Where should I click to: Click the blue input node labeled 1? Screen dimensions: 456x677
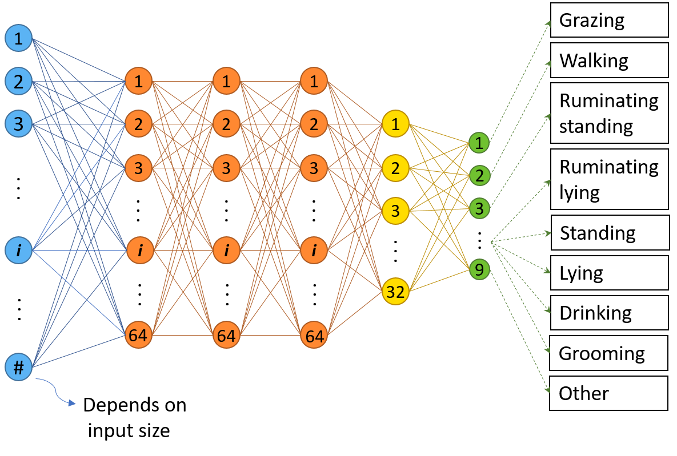(19, 38)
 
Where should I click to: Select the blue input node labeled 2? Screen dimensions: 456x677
(19, 82)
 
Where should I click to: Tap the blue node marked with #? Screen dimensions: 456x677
(19, 368)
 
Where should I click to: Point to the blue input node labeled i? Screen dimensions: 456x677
(19, 250)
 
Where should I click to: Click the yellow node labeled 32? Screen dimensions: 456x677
(395, 292)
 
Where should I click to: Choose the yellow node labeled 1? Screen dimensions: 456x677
(395, 124)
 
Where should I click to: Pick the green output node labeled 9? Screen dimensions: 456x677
(479, 269)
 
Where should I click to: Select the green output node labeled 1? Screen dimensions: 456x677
(479, 143)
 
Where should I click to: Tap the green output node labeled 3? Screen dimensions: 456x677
(479, 209)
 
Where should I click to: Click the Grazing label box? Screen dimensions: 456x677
(609, 21)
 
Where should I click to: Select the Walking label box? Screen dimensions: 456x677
(609, 60)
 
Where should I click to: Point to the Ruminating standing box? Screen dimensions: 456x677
(609, 113)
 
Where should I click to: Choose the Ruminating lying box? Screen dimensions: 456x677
(609, 179)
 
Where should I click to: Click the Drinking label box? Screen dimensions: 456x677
(609, 313)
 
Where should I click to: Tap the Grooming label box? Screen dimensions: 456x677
(609, 353)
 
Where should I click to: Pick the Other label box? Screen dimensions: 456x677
(609, 393)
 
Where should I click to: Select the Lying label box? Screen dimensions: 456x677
(609, 273)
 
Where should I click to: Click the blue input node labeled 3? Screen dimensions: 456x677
(19, 124)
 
